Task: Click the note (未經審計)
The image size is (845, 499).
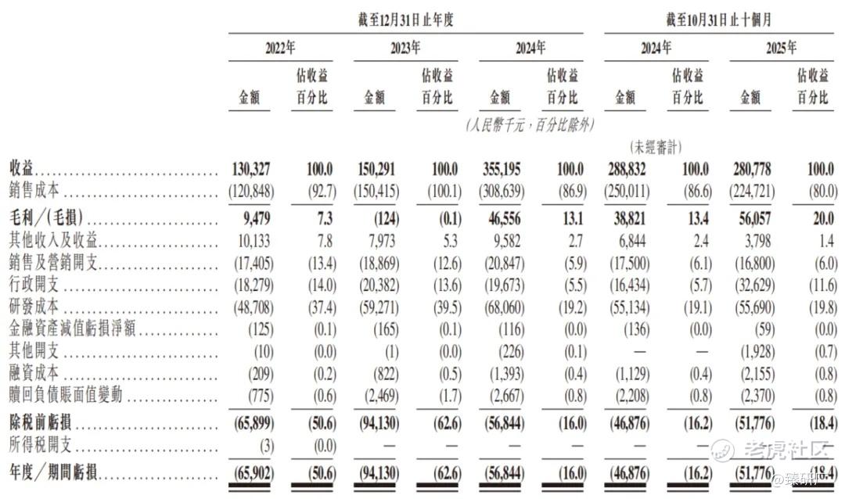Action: coord(656,146)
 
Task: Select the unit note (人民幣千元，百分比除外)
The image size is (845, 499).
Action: coord(530,124)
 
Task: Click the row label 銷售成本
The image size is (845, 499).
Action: coord(32,190)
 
